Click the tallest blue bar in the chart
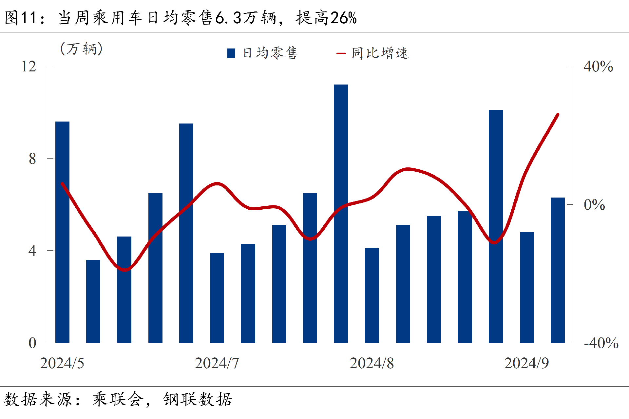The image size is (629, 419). click(x=341, y=213)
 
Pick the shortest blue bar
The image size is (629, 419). click(x=93, y=301)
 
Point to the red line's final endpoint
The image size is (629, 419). click(x=558, y=115)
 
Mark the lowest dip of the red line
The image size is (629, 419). click(x=125, y=270)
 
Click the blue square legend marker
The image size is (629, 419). click(x=231, y=53)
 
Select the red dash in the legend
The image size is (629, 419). click(x=341, y=53)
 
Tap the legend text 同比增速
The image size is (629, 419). click(x=380, y=53)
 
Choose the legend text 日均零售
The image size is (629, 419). click(x=270, y=53)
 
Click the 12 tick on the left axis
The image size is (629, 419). click(x=29, y=67)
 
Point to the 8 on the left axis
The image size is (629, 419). click(x=32, y=159)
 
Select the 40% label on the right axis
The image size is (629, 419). click(x=598, y=67)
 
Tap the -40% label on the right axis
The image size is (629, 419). click(x=601, y=343)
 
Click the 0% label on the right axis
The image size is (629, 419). click(x=594, y=205)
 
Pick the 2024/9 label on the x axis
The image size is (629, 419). click(x=526, y=363)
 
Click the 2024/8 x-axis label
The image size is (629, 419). click(x=372, y=363)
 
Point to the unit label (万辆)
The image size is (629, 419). click(x=82, y=49)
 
